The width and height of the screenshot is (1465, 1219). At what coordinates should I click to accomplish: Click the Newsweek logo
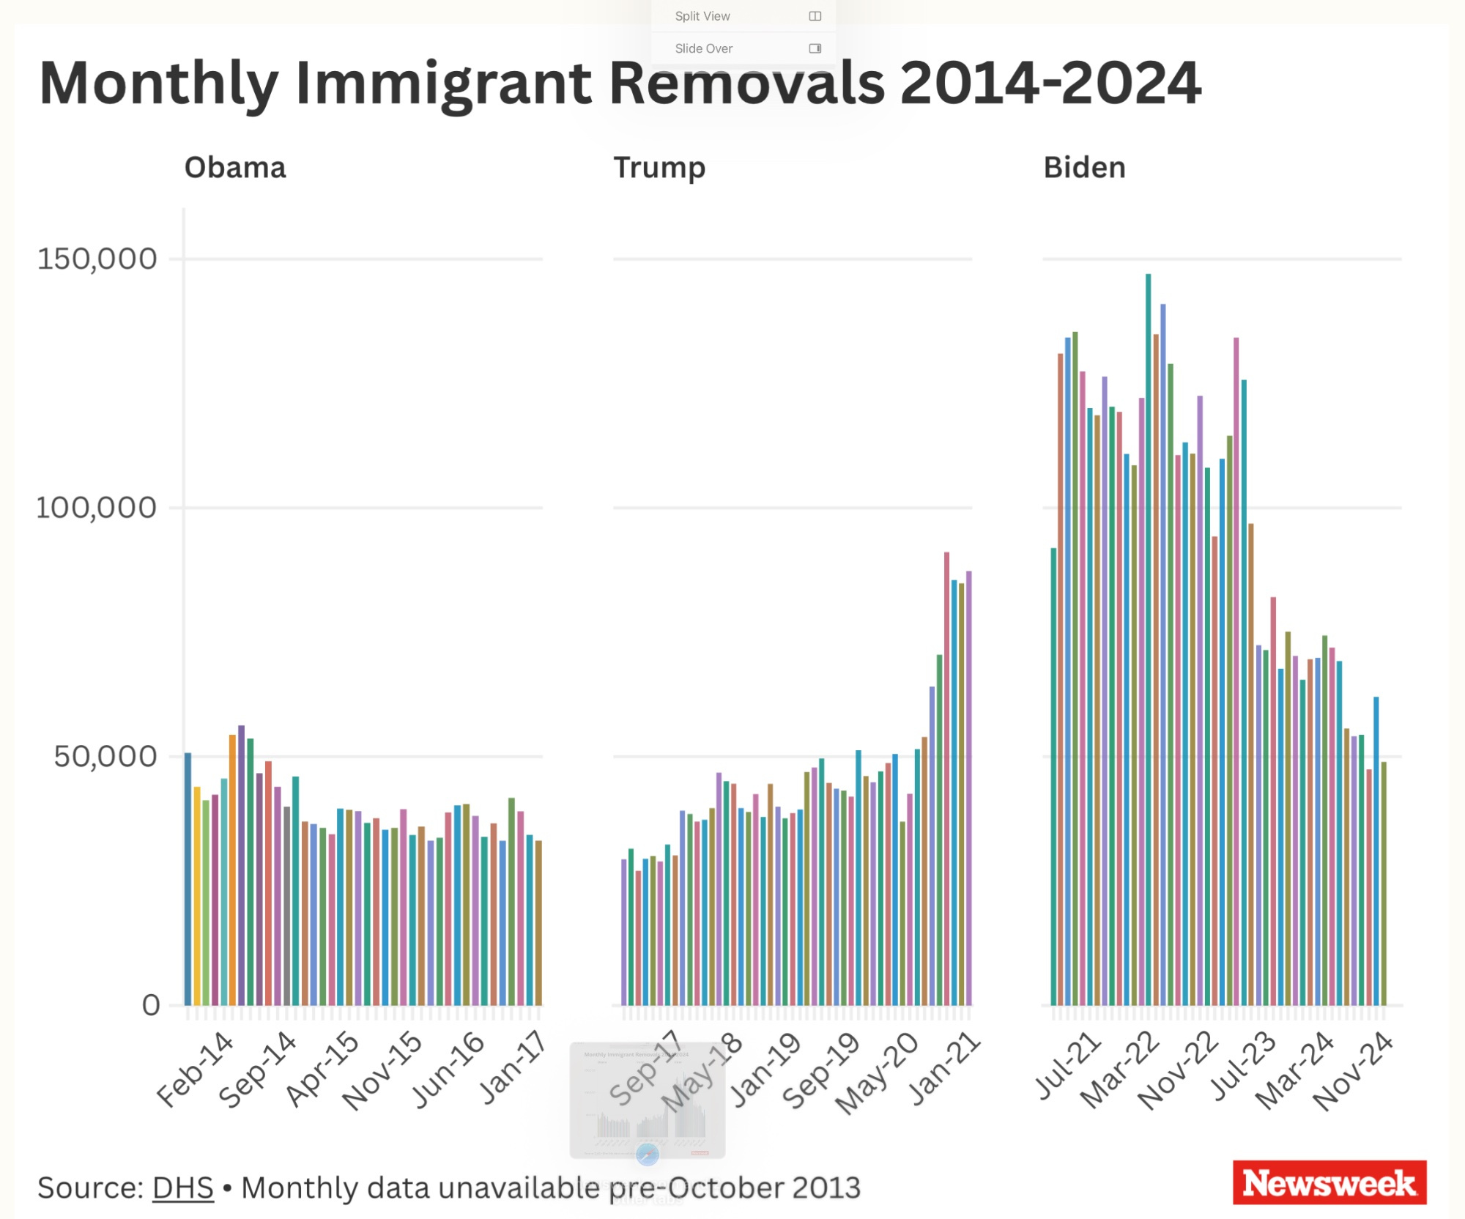pyautogui.click(x=1329, y=1182)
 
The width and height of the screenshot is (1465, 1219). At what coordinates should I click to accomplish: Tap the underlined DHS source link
pyautogui.click(x=182, y=1187)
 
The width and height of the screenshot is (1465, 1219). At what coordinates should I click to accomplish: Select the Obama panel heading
pyautogui.click(x=235, y=168)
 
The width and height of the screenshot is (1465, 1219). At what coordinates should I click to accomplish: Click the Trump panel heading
pyautogui.click(x=659, y=168)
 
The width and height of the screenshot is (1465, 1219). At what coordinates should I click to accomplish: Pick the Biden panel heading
pyautogui.click(x=1084, y=168)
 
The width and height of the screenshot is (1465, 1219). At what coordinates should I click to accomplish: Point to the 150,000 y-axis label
pyautogui.click(x=97, y=259)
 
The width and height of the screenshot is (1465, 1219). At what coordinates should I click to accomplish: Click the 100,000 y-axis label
pyautogui.click(x=97, y=507)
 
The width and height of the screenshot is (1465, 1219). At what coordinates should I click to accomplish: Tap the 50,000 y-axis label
pyautogui.click(x=105, y=756)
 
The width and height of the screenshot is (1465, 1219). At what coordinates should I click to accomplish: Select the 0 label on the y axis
pyautogui.click(x=151, y=1005)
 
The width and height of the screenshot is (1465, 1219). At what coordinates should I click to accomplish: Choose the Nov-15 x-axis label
pyautogui.click(x=382, y=1070)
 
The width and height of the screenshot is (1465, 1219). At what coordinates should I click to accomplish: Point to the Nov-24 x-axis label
pyautogui.click(x=1353, y=1070)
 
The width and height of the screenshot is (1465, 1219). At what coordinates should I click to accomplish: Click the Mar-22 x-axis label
pyautogui.click(x=1120, y=1070)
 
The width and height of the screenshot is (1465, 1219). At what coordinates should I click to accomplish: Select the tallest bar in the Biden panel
pyautogui.click(x=1149, y=637)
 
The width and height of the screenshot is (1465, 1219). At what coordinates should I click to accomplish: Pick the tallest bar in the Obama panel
pyautogui.click(x=241, y=864)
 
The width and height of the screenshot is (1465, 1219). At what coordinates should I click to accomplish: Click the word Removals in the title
pyautogui.click(x=746, y=83)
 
